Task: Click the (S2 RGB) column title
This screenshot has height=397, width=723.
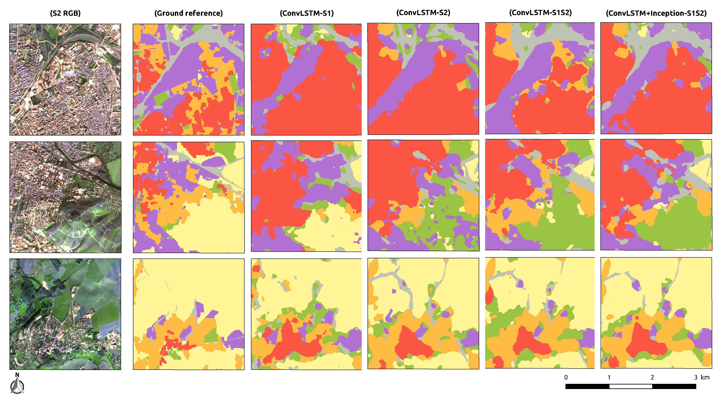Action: (65, 13)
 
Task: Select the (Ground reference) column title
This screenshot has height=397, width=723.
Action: (188, 13)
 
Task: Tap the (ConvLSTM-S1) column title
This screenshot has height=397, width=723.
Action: (306, 13)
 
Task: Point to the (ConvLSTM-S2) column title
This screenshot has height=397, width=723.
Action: (423, 13)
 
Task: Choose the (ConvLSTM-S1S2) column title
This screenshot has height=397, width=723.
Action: (540, 13)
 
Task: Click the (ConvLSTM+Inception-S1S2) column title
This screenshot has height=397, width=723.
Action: (656, 13)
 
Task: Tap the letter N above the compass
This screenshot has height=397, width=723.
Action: (17, 375)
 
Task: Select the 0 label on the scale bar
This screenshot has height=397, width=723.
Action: (566, 377)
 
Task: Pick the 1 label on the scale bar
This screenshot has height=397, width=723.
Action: (609, 377)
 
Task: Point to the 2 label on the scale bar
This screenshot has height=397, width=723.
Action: (652, 377)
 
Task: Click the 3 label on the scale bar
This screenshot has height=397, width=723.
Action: (696, 377)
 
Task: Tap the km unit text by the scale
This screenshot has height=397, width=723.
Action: (705, 377)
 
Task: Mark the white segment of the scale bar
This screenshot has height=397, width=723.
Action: (630, 386)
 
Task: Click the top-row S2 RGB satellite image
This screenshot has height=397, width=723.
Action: (65, 79)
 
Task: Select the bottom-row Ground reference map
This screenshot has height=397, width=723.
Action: (188, 314)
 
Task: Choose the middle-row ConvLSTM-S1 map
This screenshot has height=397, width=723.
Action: (306, 196)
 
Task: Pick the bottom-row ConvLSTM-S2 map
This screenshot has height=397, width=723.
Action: (423, 313)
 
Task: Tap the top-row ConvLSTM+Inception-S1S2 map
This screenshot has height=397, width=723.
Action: (656, 78)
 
